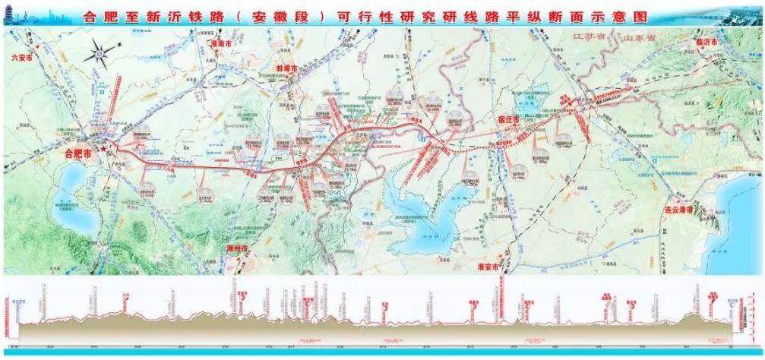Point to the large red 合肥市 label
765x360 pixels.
click(x=77, y=153)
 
